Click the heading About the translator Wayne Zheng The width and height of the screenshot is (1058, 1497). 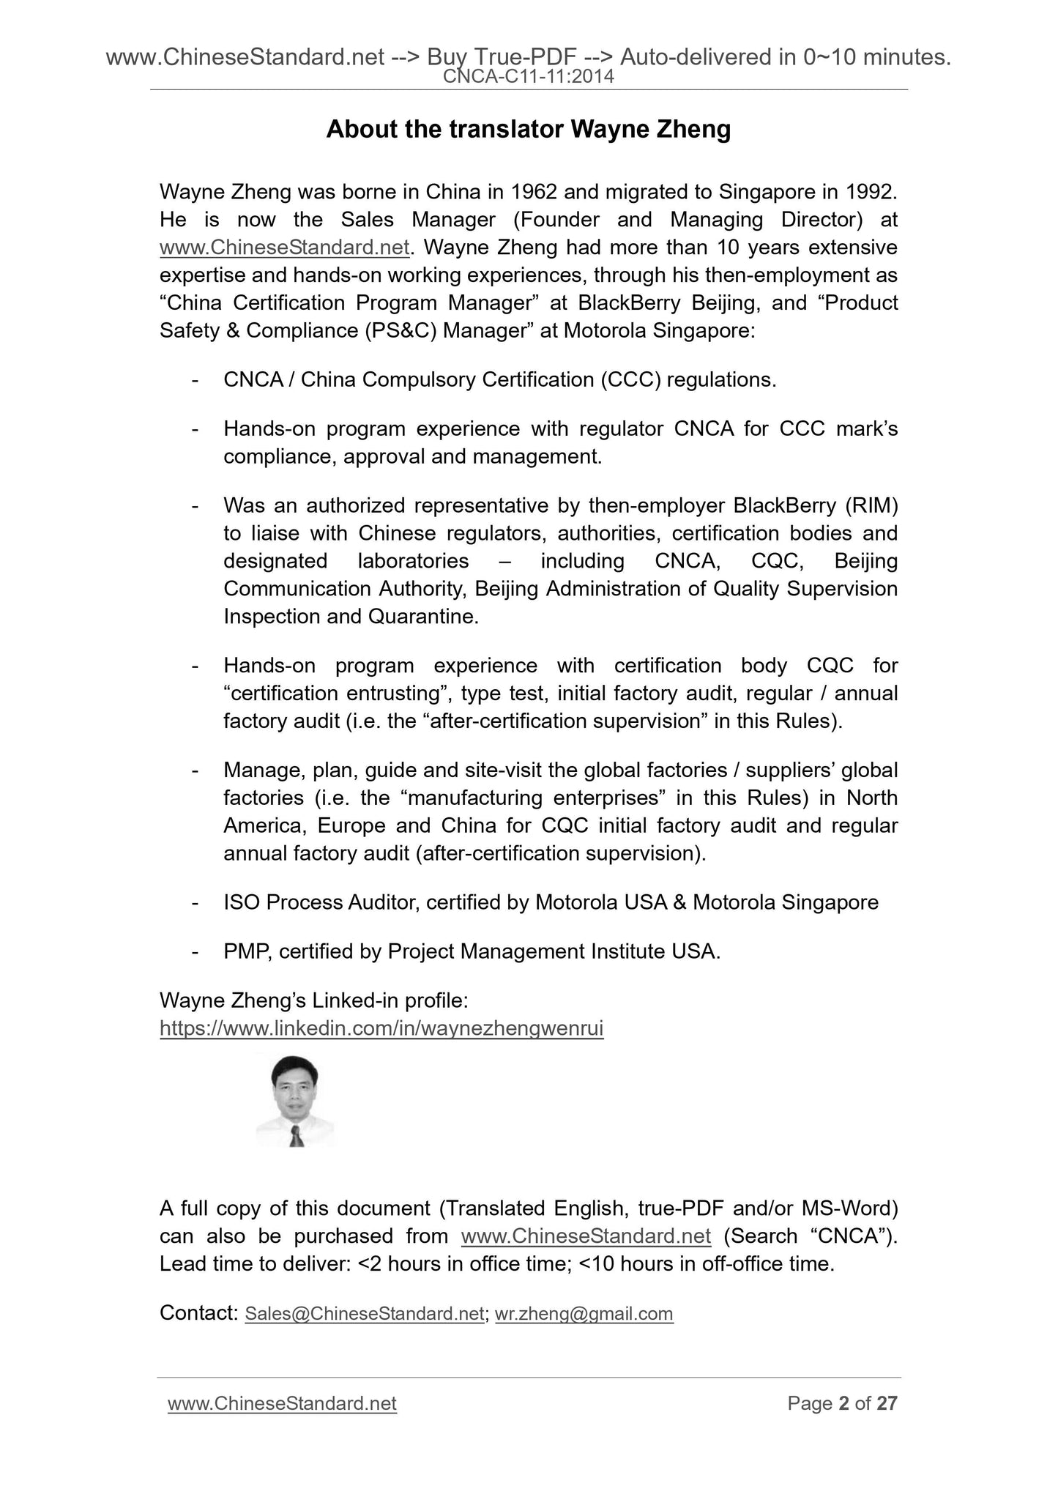(528, 130)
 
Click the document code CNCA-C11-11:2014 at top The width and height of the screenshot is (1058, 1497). (529, 75)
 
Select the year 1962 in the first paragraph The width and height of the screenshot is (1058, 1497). (533, 192)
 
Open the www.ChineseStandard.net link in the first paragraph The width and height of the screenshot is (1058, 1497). (284, 248)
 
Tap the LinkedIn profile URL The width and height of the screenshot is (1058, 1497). (381, 1028)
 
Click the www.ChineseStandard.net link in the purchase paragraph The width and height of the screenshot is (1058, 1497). (586, 1236)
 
